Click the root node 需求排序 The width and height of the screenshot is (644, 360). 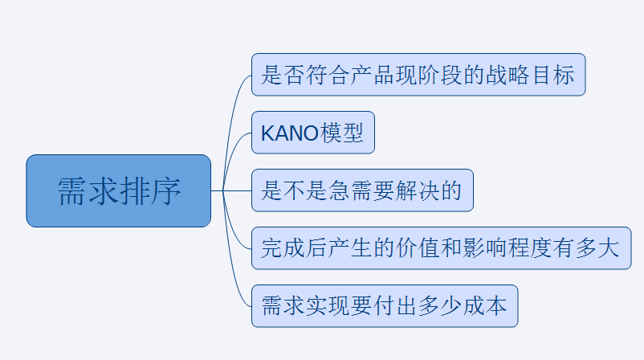click(x=118, y=190)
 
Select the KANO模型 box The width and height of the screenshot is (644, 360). click(x=313, y=133)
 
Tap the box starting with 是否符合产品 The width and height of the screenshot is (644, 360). click(x=418, y=75)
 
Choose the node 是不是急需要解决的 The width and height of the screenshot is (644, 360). click(x=362, y=190)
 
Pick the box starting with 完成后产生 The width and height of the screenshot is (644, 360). click(x=441, y=248)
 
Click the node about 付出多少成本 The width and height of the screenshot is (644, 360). click(x=385, y=306)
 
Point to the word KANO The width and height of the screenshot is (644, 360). click(x=290, y=133)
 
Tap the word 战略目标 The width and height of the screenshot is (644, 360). click(x=530, y=75)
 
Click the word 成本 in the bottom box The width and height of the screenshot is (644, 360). click(x=485, y=307)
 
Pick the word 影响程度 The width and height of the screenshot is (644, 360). click(x=507, y=248)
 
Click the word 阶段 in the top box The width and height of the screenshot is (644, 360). click(x=441, y=75)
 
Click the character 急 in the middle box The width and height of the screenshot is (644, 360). click(x=340, y=190)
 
